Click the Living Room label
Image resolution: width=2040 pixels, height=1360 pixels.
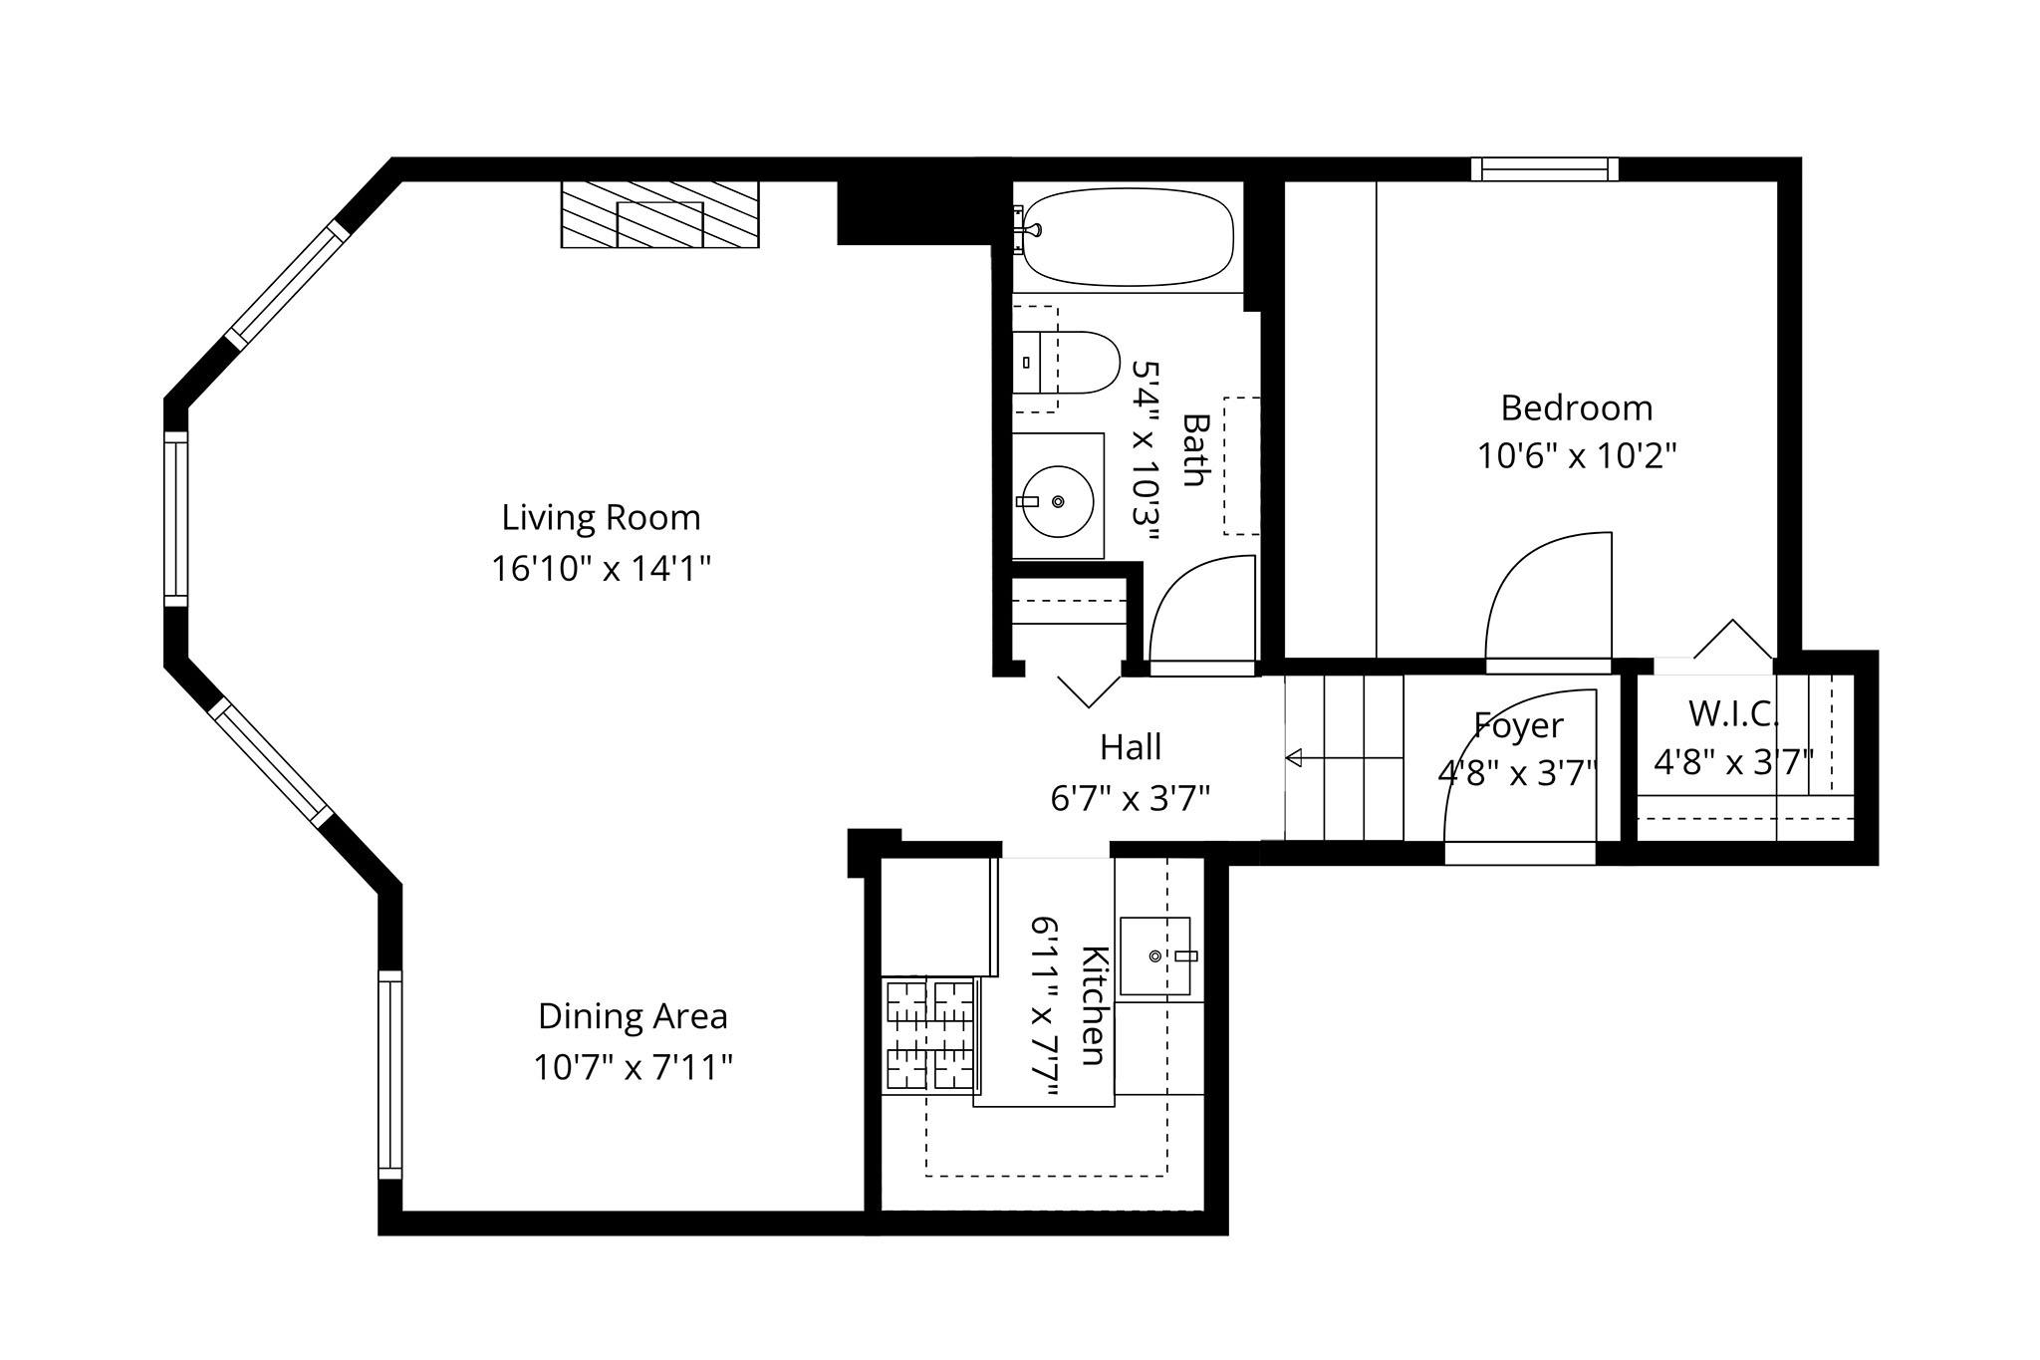coord(601,518)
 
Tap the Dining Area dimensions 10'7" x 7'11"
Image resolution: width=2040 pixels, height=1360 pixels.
coord(633,1067)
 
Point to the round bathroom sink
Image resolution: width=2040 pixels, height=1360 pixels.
coord(1058,501)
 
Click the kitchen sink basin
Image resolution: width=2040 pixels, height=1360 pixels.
coord(1154,955)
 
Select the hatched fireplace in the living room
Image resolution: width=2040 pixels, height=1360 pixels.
coord(659,214)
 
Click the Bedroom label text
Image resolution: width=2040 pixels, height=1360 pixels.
coord(1576,408)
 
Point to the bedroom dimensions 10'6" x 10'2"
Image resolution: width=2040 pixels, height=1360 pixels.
coord(1576,456)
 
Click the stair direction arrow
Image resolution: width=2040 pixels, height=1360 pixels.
coord(1344,758)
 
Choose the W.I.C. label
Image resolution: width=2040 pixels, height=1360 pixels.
coord(1733,713)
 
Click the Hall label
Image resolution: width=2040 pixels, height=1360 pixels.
coord(1131,747)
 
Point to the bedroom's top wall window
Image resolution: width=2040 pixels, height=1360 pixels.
coord(1545,169)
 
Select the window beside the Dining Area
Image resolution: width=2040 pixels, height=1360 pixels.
coord(390,1074)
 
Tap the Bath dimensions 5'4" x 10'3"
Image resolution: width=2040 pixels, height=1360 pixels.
coord(1147,450)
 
